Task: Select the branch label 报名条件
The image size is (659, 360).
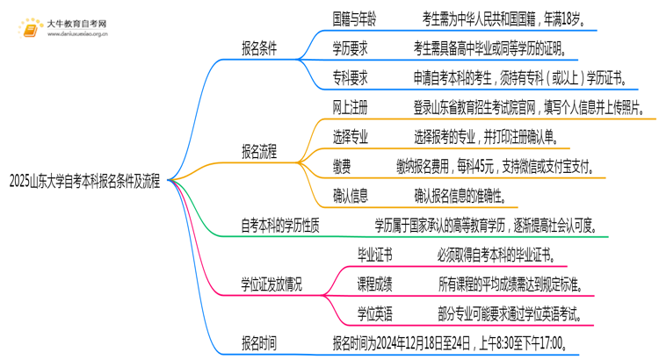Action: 259,49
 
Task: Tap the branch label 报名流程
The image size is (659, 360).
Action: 259,150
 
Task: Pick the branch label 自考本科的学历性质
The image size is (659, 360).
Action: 280,225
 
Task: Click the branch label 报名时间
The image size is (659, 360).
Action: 259,342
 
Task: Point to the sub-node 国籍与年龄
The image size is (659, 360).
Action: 356,18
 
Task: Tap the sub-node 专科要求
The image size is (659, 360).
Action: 350,78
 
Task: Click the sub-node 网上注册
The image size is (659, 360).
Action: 350,108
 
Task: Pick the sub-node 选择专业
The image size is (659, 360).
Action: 350,137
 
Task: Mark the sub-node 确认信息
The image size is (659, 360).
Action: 350,195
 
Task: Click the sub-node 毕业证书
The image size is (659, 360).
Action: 374,255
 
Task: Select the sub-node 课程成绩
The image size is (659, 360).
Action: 374,284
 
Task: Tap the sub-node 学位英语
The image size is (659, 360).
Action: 374,313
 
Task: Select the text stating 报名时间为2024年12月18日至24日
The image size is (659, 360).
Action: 447,342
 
